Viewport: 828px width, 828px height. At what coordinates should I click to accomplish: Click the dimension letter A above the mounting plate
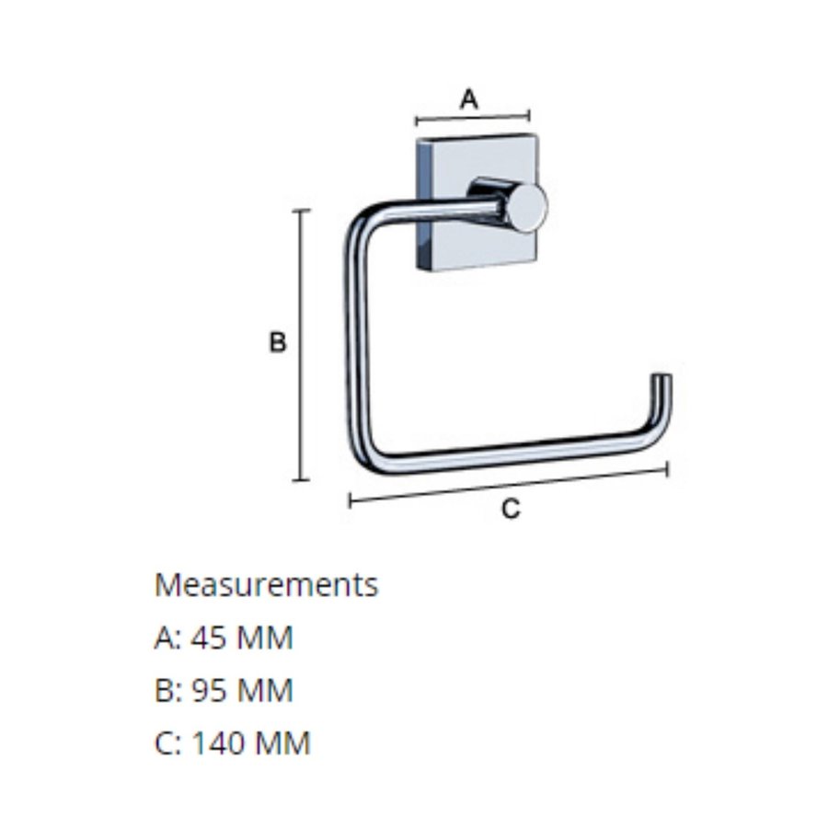[x=469, y=98]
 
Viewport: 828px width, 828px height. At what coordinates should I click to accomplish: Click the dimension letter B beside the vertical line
[x=277, y=343]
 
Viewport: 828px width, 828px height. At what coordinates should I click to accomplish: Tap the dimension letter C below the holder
[x=511, y=508]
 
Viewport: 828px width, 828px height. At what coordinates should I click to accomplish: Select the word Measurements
[x=266, y=584]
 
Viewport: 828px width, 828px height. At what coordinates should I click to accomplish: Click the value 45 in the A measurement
[x=209, y=638]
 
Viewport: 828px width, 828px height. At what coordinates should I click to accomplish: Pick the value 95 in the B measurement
[x=209, y=690]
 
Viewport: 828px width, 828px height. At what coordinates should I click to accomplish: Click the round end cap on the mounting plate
[x=528, y=207]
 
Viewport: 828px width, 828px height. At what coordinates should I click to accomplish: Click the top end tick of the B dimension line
[x=301, y=211]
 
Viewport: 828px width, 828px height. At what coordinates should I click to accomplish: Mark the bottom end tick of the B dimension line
[x=301, y=479]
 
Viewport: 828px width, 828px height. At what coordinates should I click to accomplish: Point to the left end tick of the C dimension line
[x=351, y=500]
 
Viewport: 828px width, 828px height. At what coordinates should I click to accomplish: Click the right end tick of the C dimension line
[x=667, y=469]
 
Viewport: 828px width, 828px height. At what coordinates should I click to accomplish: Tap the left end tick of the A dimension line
[x=417, y=121]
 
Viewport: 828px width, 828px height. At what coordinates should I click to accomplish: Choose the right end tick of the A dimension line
[x=529, y=115]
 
